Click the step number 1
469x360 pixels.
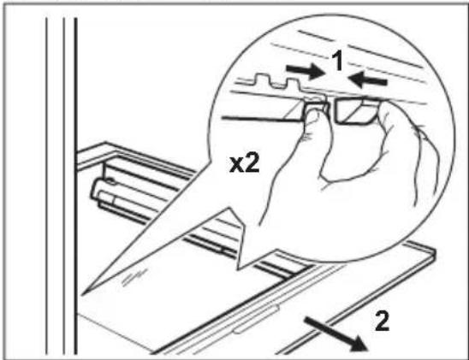click(338, 61)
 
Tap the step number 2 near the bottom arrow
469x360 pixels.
click(383, 321)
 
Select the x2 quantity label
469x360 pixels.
click(245, 164)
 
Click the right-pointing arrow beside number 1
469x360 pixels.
click(305, 70)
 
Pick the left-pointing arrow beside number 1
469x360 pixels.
click(367, 80)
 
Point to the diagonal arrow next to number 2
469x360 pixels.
click(335, 333)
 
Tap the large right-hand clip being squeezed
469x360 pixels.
click(356, 111)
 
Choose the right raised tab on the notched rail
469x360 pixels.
click(292, 83)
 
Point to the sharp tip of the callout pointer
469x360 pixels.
click(82, 295)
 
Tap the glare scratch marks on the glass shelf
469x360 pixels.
click(134, 277)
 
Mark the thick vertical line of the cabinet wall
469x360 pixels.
click(75, 186)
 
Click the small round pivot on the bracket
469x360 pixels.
click(110, 180)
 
